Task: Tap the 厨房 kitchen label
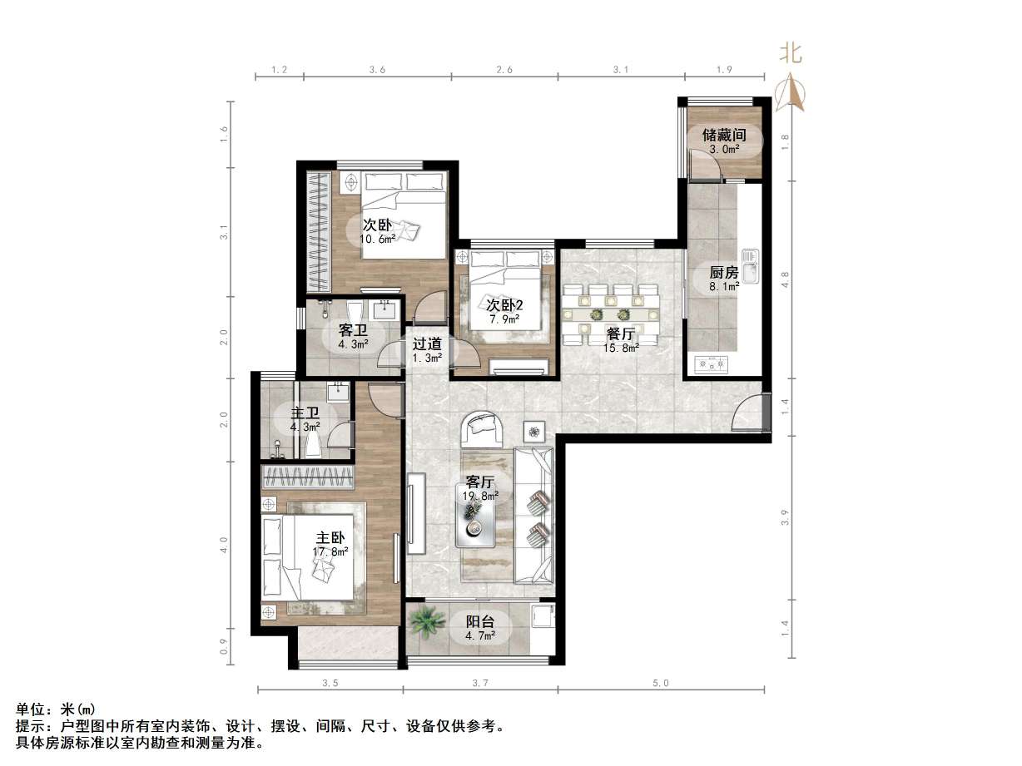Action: (x=723, y=273)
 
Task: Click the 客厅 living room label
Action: (x=480, y=482)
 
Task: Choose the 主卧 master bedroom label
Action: (x=330, y=537)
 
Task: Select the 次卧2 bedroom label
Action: (x=504, y=305)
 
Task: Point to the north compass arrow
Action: (x=791, y=91)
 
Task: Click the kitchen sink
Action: (x=752, y=266)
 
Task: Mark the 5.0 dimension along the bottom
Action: (x=661, y=684)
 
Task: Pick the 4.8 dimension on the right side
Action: (x=785, y=278)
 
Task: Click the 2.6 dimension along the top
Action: (x=504, y=71)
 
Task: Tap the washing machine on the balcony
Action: (x=541, y=617)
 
